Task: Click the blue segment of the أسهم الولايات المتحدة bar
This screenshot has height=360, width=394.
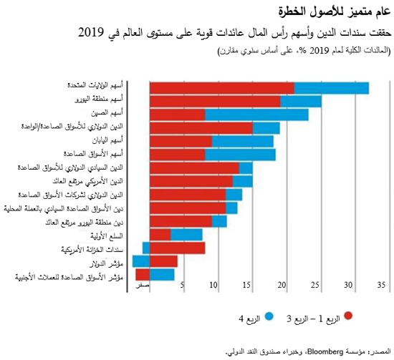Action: pyautogui.click(x=332, y=87)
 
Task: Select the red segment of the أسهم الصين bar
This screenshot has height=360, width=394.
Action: pyautogui.click(x=177, y=115)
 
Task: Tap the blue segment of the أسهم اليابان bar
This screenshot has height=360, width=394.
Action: pyautogui.click(x=243, y=141)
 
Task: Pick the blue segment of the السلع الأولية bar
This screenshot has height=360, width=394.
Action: pyautogui.click(x=186, y=235)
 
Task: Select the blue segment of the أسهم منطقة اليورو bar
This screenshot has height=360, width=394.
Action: pyautogui.click(x=301, y=101)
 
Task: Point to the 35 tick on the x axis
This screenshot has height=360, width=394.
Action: pyautogui.click(x=381, y=286)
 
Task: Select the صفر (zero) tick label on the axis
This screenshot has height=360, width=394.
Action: pyautogui.click(x=144, y=286)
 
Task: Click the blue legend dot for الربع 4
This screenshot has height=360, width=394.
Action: pyautogui.click(x=269, y=315)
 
